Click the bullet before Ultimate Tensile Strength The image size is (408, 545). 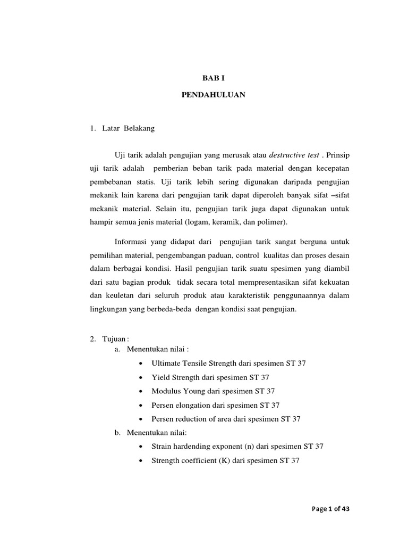click(x=140, y=364)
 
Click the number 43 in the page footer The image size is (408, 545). click(x=345, y=509)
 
